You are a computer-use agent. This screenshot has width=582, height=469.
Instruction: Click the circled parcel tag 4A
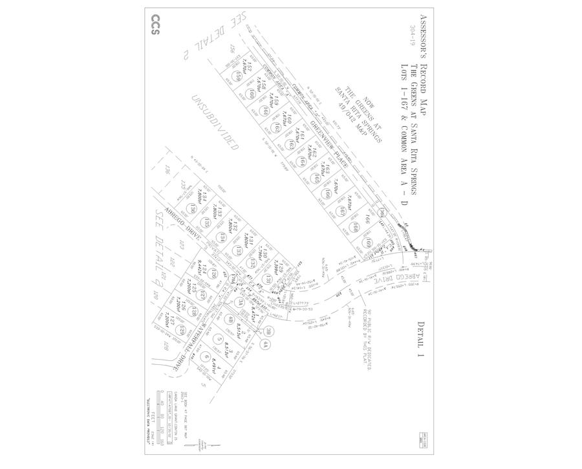point(265,345)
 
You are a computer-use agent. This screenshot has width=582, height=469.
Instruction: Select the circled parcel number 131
point(268,279)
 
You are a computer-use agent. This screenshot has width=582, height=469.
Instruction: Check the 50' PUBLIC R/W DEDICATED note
point(374,340)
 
